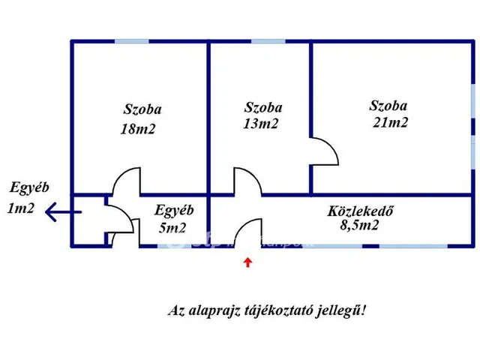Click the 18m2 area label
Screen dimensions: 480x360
[137, 129]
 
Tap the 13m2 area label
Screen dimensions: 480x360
[260, 124]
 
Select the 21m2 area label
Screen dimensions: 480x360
[390, 123]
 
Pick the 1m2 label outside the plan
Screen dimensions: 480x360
[20, 209]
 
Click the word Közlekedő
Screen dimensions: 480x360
[361, 211]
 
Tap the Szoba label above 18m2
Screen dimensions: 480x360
[142, 109]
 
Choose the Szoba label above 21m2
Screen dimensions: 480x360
[388, 106]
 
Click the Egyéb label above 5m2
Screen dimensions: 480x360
[174, 210]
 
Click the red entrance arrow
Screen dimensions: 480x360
[248, 262]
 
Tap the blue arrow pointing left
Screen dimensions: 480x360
[62, 212]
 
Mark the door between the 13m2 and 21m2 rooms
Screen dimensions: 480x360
[325, 153]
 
